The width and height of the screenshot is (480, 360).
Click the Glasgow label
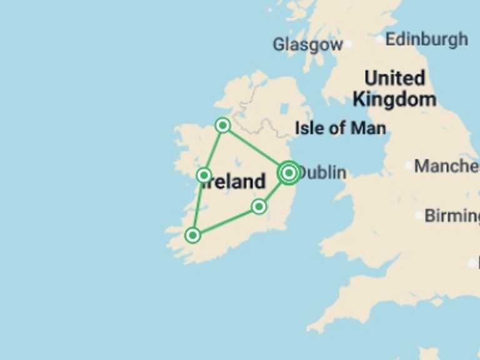[307, 44]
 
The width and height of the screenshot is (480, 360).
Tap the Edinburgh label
[426, 39]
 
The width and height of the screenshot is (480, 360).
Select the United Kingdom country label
[394, 88]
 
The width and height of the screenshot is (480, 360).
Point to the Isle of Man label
[340, 128]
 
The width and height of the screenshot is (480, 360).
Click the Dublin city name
[322, 172]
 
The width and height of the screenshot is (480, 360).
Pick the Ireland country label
[235, 182]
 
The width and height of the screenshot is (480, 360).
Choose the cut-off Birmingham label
[452, 216]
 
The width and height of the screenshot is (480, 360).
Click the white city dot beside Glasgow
[348, 44]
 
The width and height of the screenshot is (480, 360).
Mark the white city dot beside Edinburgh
[380, 39]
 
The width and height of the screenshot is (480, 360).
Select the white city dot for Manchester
[409, 166]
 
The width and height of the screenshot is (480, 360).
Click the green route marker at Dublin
[289, 172]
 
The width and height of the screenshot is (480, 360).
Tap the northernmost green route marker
[222, 126]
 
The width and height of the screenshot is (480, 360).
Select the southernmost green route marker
[193, 235]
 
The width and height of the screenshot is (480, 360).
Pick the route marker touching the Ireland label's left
[204, 175]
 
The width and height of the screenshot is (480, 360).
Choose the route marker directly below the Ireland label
[259, 206]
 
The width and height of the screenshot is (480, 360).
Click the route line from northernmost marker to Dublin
[255, 149]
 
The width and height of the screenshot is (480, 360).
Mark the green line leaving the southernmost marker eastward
[226, 221]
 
